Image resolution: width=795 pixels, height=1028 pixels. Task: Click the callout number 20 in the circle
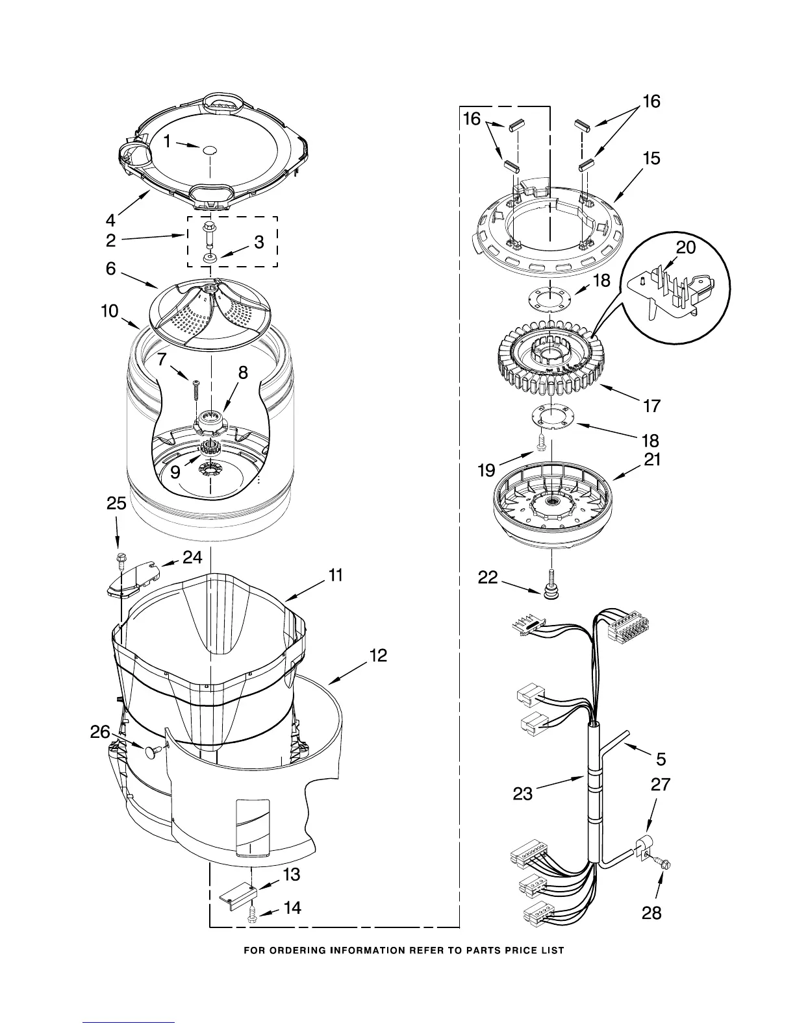[x=686, y=247]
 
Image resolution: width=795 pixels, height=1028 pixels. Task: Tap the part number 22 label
[x=488, y=577]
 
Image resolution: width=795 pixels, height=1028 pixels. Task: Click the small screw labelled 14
[x=253, y=914]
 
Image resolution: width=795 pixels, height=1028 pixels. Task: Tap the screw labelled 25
[x=120, y=559]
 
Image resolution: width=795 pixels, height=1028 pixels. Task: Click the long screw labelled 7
[x=196, y=393]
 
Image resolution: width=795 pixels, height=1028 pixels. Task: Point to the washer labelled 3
[x=210, y=258]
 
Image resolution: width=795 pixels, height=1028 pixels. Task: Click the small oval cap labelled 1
[x=209, y=151]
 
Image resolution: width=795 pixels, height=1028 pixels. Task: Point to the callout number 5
[x=661, y=758]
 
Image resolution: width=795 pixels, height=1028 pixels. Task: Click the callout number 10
[x=110, y=312]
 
